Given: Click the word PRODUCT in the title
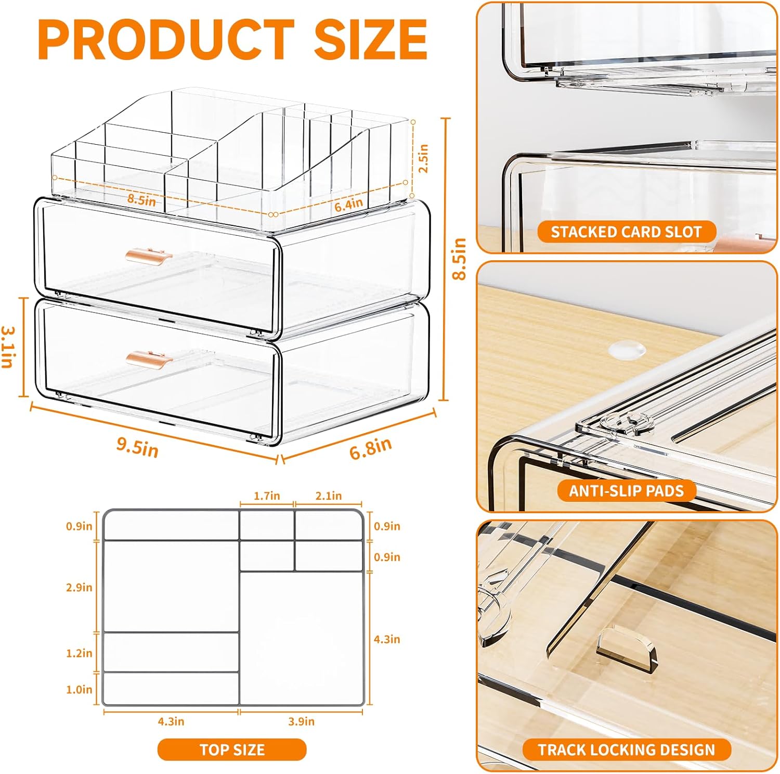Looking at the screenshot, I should (x=166, y=39).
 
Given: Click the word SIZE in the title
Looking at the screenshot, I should (x=370, y=39).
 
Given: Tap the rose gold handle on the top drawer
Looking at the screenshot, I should (x=148, y=256).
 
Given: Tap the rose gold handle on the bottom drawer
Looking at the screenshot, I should (x=149, y=358).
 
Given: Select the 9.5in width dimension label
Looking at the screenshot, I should (x=137, y=447).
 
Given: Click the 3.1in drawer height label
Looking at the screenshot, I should (x=8, y=347).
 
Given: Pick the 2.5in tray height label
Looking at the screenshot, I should (x=423, y=158).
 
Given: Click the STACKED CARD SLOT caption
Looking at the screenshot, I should (x=626, y=232).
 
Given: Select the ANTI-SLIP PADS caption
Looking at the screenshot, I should (x=626, y=491).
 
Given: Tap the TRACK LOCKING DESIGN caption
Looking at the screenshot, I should (x=626, y=750).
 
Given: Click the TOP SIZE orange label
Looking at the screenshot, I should (x=232, y=750).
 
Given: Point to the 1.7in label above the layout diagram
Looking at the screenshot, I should (x=267, y=496).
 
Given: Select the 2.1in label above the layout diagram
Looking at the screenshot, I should (x=329, y=496).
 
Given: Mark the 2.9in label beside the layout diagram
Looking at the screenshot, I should (x=79, y=587).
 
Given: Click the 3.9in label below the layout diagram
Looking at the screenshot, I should (x=301, y=721).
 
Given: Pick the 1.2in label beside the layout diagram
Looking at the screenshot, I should (x=79, y=653).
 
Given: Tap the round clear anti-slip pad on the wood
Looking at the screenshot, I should (x=627, y=349).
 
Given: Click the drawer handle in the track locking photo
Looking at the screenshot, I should (x=627, y=648).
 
